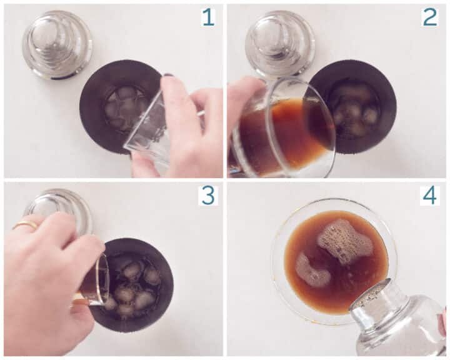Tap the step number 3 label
[207, 196]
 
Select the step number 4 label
[430, 196]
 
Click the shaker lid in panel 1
[57, 44]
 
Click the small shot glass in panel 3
[94, 281]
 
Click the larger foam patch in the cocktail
[344, 241]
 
